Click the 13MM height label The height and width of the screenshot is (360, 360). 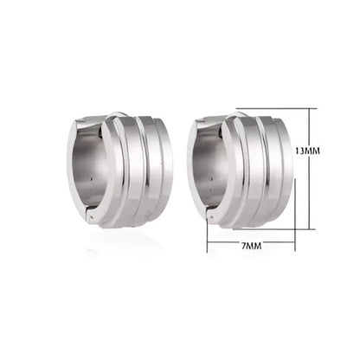307,151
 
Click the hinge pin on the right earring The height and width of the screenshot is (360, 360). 210,219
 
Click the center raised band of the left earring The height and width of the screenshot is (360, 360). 129,173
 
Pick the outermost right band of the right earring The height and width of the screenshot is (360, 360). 284,173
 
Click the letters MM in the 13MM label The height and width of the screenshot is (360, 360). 313,151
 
